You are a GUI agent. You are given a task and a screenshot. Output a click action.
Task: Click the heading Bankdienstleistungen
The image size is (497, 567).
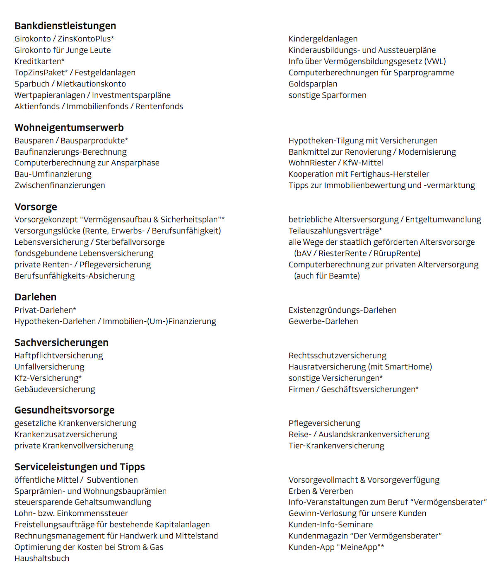pyautogui.click(x=65, y=26)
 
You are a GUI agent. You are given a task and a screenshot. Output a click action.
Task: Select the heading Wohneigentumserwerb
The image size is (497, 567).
pyautogui.click(x=69, y=127)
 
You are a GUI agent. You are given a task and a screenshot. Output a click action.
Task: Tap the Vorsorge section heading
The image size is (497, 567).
pyautogui.click(x=36, y=207)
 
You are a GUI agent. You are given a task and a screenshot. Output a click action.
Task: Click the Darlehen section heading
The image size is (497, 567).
pyautogui.click(x=35, y=297)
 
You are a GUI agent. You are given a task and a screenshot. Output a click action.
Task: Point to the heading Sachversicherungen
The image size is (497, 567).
pyautogui.click(x=61, y=342)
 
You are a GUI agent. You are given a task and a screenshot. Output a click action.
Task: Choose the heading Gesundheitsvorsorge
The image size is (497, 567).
pyautogui.click(x=64, y=410)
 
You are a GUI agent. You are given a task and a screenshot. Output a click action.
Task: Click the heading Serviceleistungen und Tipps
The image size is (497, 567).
pyautogui.click(x=80, y=467)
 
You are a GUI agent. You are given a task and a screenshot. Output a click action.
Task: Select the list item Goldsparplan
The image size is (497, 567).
pyautogui.click(x=313, y=84)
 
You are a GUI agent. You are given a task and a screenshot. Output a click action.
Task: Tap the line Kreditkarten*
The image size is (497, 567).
pyautogui.click(x=39, y=61)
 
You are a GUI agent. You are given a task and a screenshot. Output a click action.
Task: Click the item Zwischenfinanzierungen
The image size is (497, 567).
pyautogui.click(x=60, y=185)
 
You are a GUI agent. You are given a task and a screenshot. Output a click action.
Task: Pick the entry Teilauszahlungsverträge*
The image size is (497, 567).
pyautogui.click(x=335, y=231)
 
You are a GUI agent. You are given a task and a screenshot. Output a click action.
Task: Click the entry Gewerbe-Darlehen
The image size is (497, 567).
pyautogui.click(x=323, y=321)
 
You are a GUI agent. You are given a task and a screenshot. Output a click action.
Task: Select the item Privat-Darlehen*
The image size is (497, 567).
pyautogui.click(x=45, y=310)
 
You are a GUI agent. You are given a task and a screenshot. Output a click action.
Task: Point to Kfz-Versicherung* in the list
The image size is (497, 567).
pyautogui.click(x=48, y=378)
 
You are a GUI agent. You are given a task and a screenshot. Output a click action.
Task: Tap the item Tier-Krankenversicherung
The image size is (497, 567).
pyautogui.click(x=336, y=446)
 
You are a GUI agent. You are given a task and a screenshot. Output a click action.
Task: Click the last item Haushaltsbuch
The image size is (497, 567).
pyautogui.click(x=42, y=558)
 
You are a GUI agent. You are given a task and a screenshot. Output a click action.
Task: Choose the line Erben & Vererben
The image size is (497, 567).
pyautogui.click(x=321, y=491)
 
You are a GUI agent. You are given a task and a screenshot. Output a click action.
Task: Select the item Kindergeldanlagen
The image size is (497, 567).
pyautogui.click(x=323, y=39)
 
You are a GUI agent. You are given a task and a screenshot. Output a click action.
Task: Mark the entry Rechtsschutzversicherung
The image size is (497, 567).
pyautogui.click(x=337, y=356)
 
